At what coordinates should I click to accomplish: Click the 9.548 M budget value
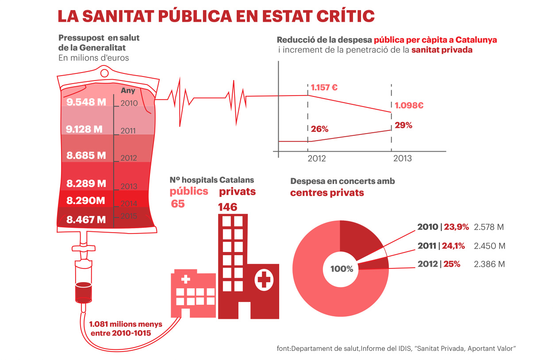[x=86, y=102]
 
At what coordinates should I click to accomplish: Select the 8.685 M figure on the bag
[x=86, y=156]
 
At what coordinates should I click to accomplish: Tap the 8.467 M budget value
[x=86, y=219]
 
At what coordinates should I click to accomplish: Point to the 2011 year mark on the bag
[x=128, y=131]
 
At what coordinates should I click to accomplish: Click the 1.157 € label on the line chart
[x=324, y=88]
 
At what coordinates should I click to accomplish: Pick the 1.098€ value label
[x=409, y=106]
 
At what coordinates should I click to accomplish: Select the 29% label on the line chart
[x=403, y=125]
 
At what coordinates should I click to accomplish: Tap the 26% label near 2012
[x=319, y=129]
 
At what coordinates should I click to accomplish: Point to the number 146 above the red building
[x=227, y=207]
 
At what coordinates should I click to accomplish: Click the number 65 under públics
[x=178, y=204]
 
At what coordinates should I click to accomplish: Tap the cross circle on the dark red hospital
[x=264, y=280]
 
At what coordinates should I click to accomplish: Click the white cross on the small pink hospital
[x=186, y=279]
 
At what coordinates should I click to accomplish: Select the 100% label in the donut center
[x=342, y=268]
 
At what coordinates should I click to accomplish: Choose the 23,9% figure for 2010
[x=456, y=227]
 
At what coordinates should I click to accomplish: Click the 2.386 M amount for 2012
[x=489, y=264]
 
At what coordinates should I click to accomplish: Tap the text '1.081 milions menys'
[x=126, y=324]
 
